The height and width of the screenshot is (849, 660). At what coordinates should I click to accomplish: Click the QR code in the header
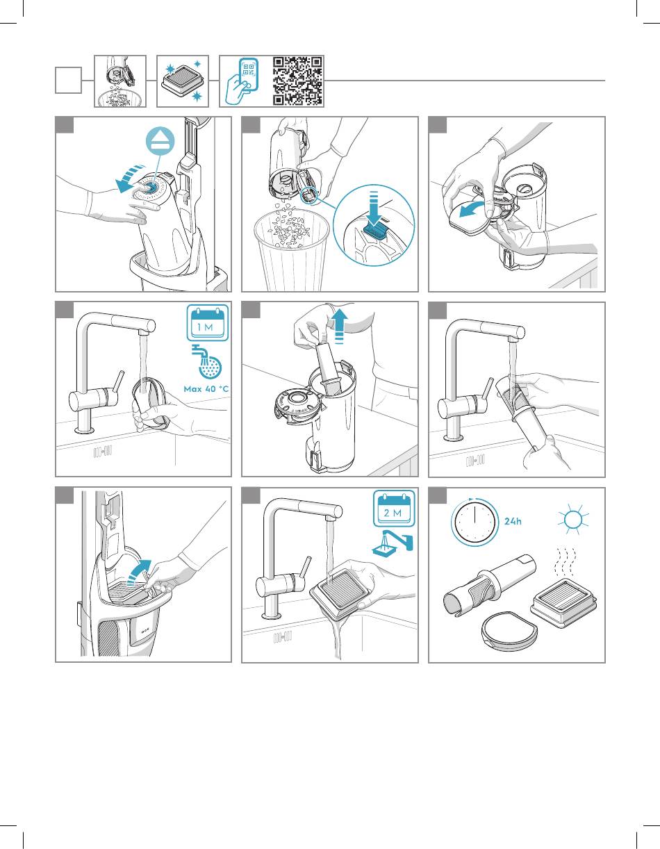[x=297, y=81]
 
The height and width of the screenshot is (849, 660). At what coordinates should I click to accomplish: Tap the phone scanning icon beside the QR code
[x=242, y=81]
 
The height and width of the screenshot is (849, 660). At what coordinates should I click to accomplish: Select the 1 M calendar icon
[x=207, y=323]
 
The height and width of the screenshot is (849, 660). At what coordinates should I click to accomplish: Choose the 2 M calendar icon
[x=394, y=509]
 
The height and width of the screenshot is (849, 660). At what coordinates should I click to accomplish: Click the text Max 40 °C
[x=206, y=389]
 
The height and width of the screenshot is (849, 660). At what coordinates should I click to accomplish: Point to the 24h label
[x=513, y=521]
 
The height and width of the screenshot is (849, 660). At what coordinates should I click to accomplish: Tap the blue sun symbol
[x=573, y=519]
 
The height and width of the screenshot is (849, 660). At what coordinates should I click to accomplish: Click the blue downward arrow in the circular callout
[x=374, y=208]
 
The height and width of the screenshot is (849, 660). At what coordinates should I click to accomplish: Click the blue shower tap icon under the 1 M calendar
[x=206, y=362]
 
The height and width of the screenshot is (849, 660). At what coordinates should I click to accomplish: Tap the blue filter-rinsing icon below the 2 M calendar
[x=393, y=543]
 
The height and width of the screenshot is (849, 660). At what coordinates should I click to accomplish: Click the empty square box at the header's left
[x=68, y=81]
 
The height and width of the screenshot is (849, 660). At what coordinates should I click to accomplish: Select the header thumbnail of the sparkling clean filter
[x=183, y=81]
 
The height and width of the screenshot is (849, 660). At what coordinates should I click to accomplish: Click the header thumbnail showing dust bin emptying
[x=120, y=81]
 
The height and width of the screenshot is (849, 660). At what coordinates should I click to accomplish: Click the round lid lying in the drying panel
[x=511, y=631]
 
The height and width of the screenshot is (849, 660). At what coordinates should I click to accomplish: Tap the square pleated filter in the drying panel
[x=564, y=603]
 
